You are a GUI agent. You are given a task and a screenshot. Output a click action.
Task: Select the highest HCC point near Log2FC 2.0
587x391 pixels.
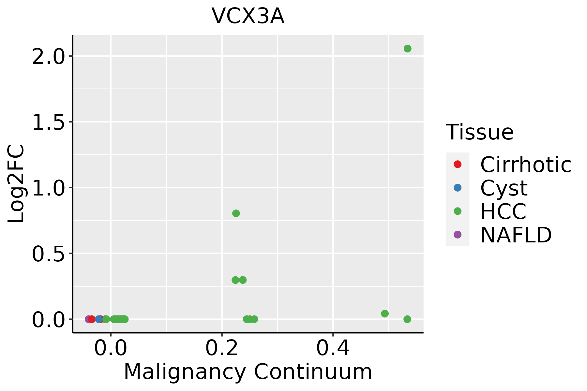tap(407, 49)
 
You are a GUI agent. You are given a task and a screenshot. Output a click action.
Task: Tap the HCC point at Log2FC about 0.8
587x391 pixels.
tap(236, 213)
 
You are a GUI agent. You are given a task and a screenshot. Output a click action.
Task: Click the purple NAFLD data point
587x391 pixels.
tap(88, 319)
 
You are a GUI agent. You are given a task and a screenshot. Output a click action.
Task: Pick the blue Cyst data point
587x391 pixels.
tap(99, 319)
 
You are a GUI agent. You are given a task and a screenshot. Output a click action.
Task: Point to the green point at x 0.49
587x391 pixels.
tap(385, 313)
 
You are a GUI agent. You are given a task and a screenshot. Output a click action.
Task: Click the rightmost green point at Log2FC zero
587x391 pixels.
tap(407, 319)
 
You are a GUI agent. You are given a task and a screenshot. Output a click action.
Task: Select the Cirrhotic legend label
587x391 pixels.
tap(525, 165)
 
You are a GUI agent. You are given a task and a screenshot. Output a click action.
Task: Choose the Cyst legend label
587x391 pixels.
tap(504, 188)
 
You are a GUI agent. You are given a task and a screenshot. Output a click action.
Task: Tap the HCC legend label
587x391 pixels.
tap(503, 211)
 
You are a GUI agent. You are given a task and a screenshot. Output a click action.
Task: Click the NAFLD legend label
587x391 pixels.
tap(516, 235)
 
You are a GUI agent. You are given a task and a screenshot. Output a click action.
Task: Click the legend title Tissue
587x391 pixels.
tap(479, 132)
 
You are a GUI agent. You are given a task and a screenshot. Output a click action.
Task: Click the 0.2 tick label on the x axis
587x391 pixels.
tap(222, 348)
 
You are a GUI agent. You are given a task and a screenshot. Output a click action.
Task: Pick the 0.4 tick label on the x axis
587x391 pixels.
tap(333, 348)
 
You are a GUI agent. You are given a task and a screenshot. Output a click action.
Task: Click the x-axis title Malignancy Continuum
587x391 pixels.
tap(248, 371)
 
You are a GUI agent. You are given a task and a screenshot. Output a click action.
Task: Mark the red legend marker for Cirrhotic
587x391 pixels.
tap(458, 164)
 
